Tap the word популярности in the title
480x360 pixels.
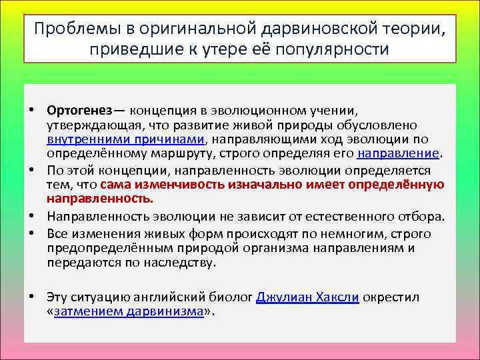[x=335, y=50]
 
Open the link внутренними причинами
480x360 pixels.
[x=127, y=139]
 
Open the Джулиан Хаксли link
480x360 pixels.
[x=308, y=297]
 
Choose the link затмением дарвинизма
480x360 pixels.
[x=129, y=311]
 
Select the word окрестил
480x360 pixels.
[x=392, y=297]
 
